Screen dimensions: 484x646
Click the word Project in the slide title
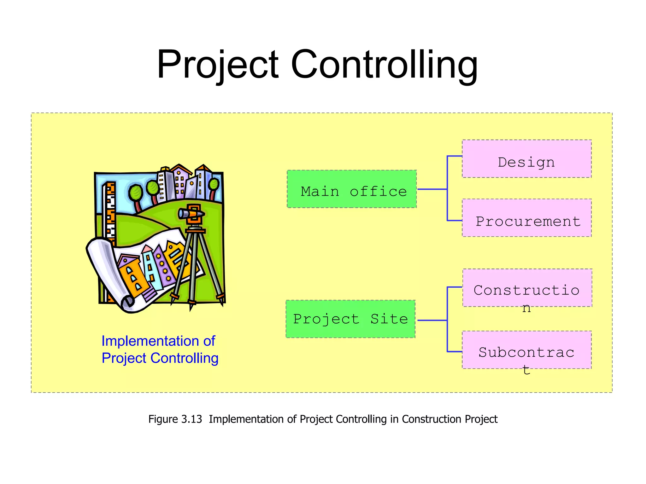(218, 65)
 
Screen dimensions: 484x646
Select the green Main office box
(352, 189)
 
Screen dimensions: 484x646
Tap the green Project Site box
(350, 319)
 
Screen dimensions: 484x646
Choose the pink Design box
(526, 159)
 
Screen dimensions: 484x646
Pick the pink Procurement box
(526, 218)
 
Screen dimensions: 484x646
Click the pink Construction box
(527, 288)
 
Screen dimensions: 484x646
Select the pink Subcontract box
(526, 350)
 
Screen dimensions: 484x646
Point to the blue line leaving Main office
(432, 189)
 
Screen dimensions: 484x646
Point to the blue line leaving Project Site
(432, 320)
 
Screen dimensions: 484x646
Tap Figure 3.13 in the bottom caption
(175, 419)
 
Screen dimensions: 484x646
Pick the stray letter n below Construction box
(526, 308)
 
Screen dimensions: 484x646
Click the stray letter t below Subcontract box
(526, 370)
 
